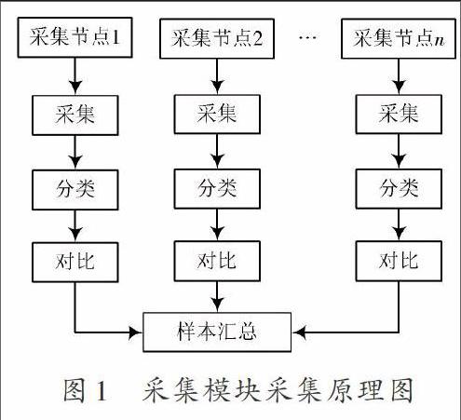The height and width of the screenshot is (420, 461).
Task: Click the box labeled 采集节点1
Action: (75, 37)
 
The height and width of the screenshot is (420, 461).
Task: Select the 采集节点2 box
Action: (217, 38)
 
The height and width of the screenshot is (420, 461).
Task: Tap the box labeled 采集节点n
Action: (399, 38)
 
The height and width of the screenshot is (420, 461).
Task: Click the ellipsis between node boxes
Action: (307, 37)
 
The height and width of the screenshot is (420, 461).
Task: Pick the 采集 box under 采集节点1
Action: (75, 115)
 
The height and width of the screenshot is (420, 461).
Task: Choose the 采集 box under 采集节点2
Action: (217, 115)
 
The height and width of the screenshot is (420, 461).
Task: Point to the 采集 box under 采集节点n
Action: (399, 115)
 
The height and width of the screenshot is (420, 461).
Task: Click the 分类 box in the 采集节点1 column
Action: (75, 190)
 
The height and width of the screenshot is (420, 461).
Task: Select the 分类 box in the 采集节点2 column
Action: (217, 189)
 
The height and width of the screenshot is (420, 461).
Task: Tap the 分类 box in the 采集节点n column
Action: (399, 189)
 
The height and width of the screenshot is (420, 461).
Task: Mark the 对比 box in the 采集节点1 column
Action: (75, 263)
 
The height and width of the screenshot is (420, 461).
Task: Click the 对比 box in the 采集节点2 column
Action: (217, 261)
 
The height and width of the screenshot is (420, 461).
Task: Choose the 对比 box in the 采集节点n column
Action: (399, 261)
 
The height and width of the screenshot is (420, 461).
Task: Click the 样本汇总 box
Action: (217, 332)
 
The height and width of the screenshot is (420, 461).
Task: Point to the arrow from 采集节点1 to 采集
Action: (75, 76)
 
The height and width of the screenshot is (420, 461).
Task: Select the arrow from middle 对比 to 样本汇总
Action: (217, 297)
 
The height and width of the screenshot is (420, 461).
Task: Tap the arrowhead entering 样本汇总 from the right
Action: (299, 332)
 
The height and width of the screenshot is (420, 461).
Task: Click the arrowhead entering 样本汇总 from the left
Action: (136, 332)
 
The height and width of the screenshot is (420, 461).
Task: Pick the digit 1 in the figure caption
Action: (102, 391)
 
